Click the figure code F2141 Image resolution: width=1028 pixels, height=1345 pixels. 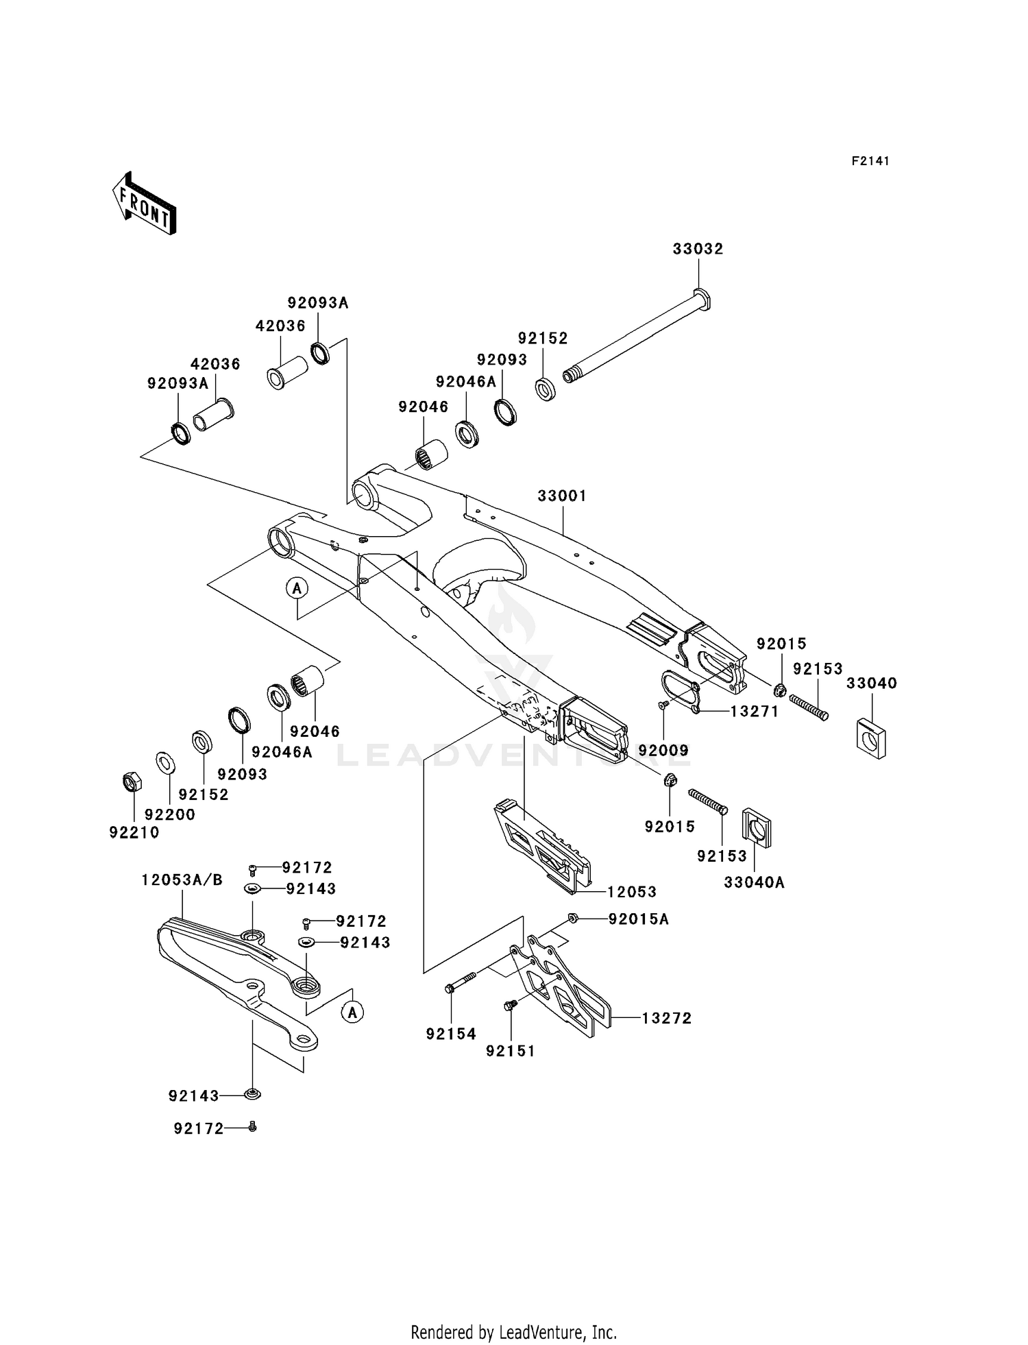pyautogui.click(x=870, y=161)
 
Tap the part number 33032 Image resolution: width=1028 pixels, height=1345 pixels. pyautogui.click(x=698, y=249)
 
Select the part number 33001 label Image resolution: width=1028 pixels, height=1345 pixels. pyautogui.click(x=562, y=496)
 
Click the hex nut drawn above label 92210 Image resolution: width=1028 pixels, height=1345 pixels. pyautogui.click(x=132, y=781)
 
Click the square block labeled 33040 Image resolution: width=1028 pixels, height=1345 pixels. pyautogui.click(x=871, y=738)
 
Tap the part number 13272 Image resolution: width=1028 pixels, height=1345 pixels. pyautogui.click(x=666, y=1019)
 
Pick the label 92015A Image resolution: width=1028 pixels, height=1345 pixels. pyautogui.click(x=638, y=919)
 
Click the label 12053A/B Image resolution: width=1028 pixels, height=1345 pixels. pyautogui.click(x=182, y=880)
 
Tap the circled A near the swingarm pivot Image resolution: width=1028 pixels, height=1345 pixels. pyautogui.click(x=297, y=587)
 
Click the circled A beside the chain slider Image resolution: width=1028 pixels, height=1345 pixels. pyautogui.click(x=352, y=1012)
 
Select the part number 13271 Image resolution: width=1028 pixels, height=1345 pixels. pyautogui.click(x=755, y=712)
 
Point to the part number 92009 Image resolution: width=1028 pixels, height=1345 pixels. pyautogui.click(x=663, y=751)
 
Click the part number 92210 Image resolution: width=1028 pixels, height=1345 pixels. pyautogui.click(x=134, y=832)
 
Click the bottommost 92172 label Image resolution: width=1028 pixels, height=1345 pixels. pyautogui.click(x=199, y=1128)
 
